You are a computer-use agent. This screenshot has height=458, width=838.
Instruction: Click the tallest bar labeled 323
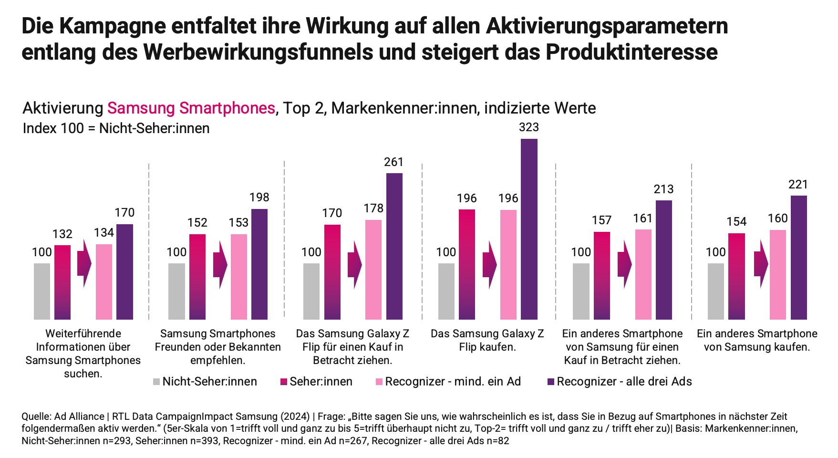529,229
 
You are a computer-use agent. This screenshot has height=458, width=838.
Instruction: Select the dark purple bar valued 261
394,246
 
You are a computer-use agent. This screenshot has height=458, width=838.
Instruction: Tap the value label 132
62,234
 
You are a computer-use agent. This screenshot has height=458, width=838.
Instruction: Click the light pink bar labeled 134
104,281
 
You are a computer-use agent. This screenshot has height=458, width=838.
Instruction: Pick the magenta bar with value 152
197,277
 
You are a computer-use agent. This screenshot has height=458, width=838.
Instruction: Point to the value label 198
259,197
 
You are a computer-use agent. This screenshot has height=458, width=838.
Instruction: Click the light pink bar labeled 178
373,270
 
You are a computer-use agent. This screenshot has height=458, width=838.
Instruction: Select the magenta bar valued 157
602,275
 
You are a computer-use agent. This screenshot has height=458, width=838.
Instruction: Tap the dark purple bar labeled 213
664,260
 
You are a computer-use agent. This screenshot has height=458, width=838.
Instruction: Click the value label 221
798,184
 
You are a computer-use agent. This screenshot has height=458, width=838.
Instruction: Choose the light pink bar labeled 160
778,274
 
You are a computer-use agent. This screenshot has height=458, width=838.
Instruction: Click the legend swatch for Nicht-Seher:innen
156,382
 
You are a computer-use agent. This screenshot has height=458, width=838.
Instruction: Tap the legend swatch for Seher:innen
284,382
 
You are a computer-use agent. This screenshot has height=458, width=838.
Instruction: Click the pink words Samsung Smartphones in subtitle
191,108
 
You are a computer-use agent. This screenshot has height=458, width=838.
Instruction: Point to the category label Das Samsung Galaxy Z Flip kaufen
487,340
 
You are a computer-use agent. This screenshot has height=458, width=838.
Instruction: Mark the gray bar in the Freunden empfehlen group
176,291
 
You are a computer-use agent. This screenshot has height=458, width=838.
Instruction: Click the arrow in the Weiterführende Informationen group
84,263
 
